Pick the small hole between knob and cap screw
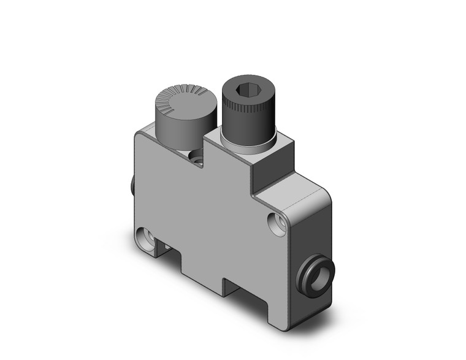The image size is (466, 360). click(198, 160)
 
